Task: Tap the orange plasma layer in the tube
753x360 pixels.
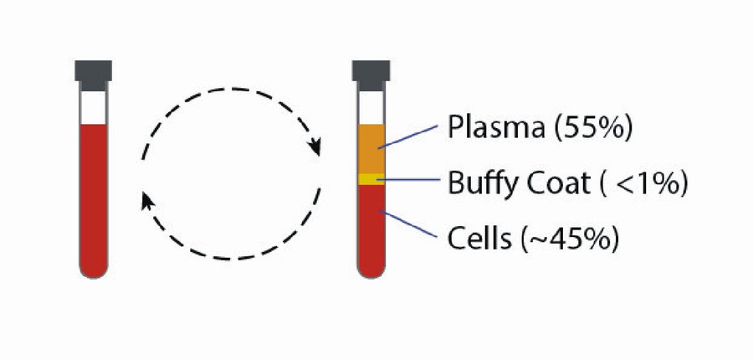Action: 370,148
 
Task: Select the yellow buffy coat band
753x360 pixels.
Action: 370,178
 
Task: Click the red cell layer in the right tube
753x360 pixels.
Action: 370,226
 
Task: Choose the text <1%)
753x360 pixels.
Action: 652,183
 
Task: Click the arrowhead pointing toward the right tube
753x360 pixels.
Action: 315,147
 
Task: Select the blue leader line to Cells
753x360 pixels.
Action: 410,225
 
